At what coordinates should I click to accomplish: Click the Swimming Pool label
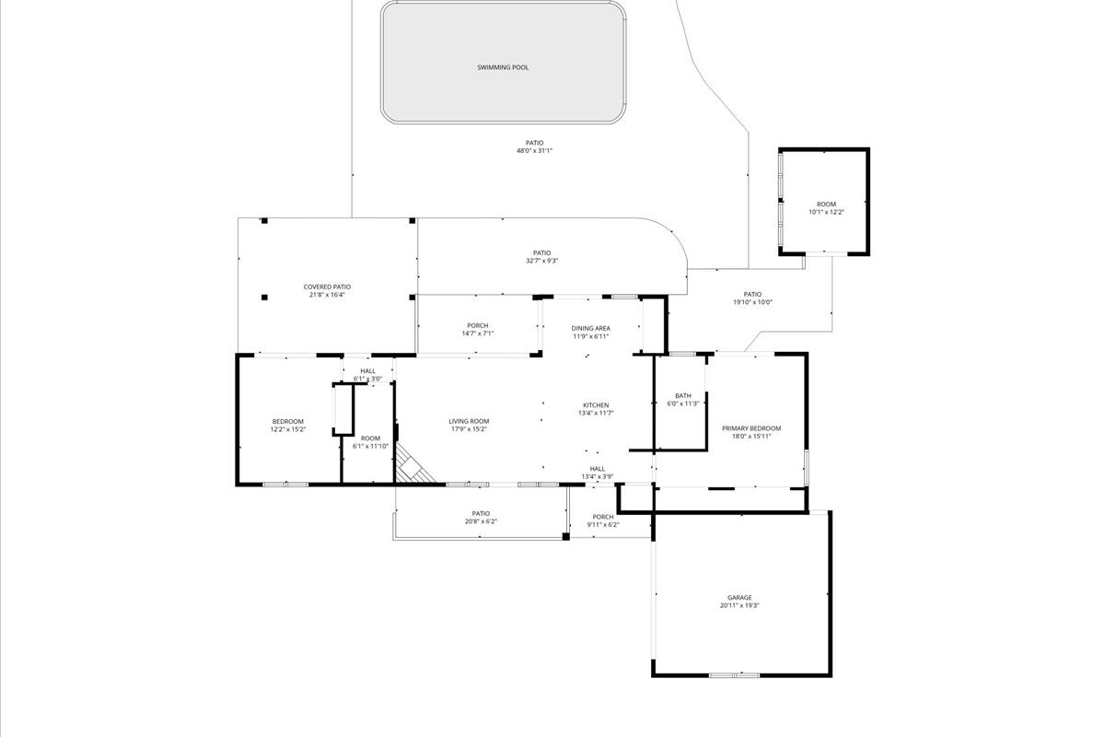pos(503,67)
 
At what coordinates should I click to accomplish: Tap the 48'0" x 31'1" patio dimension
pos(534,150)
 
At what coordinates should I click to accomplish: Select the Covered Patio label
pos(327,287)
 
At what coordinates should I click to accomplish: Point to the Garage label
pos(739,598)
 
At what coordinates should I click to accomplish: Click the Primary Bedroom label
pos(750,428)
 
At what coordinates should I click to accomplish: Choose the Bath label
pos(682,396)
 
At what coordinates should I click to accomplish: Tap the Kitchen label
pos(596,405)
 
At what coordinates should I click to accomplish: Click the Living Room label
pos(469,421)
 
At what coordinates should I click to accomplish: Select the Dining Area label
pos(590,328)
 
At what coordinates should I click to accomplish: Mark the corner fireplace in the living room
pos(412,465)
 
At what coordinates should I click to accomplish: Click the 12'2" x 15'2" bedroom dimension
pos(287,429)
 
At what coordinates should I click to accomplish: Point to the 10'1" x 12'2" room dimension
pos(826,212)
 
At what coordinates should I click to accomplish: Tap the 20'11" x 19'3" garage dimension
pos(739,606)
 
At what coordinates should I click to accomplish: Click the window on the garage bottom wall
pos(734,675)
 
